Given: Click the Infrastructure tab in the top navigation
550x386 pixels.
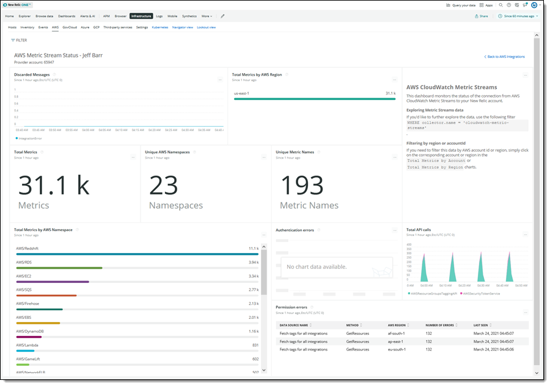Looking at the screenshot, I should coord(141,16).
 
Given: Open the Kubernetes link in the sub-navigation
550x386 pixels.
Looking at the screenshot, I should coord(160,27).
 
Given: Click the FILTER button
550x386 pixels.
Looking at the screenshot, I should coord(19,40).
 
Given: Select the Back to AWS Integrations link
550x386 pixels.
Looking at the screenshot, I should coord(504,57).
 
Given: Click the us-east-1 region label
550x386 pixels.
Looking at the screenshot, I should coord(241,93).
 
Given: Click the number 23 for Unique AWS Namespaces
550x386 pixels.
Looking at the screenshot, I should coord(163,185).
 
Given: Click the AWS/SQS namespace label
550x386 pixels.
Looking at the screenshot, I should coord(24,290).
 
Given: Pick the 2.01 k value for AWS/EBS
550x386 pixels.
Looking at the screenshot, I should coord(254,318).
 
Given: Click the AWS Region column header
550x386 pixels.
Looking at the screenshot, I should coord(397,325).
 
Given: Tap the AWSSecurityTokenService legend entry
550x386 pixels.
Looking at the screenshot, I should coord(482,293).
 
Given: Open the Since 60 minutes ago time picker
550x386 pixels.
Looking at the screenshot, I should coord(518,16).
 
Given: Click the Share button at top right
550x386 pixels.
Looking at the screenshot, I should coord(482,16).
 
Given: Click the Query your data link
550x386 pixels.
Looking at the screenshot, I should coord(461,4).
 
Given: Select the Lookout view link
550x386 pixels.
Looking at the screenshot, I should coord(206,27).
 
